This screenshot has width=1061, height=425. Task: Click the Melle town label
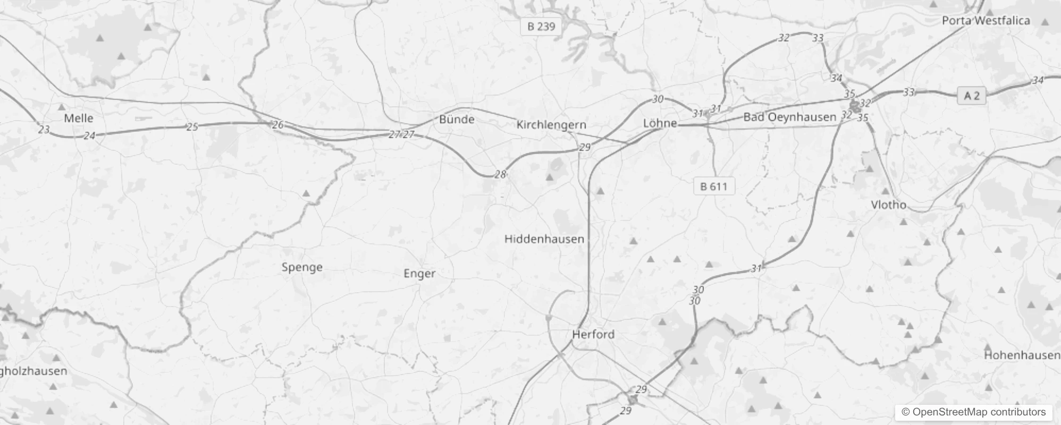79,118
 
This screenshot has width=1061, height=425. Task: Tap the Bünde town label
457,120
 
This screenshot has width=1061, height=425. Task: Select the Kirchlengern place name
551,125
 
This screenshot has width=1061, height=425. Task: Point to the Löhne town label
660,123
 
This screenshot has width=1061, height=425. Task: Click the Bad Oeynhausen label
789,117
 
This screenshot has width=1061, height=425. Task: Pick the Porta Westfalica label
986,21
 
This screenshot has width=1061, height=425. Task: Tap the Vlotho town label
888,205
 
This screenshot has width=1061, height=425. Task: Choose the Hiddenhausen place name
544,239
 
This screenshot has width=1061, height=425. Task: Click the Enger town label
419,274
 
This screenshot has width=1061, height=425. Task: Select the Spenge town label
302,267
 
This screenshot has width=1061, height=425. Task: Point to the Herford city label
593,335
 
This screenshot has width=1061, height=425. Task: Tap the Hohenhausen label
1021,355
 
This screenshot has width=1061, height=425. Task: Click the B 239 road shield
541,27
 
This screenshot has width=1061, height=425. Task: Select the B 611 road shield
713,186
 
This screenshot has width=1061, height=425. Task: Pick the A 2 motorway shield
971,96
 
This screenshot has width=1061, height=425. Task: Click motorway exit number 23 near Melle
44,129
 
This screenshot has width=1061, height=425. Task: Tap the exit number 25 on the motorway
192,126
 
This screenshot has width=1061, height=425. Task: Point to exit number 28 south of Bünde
500,174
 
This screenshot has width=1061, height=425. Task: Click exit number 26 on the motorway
277,125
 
